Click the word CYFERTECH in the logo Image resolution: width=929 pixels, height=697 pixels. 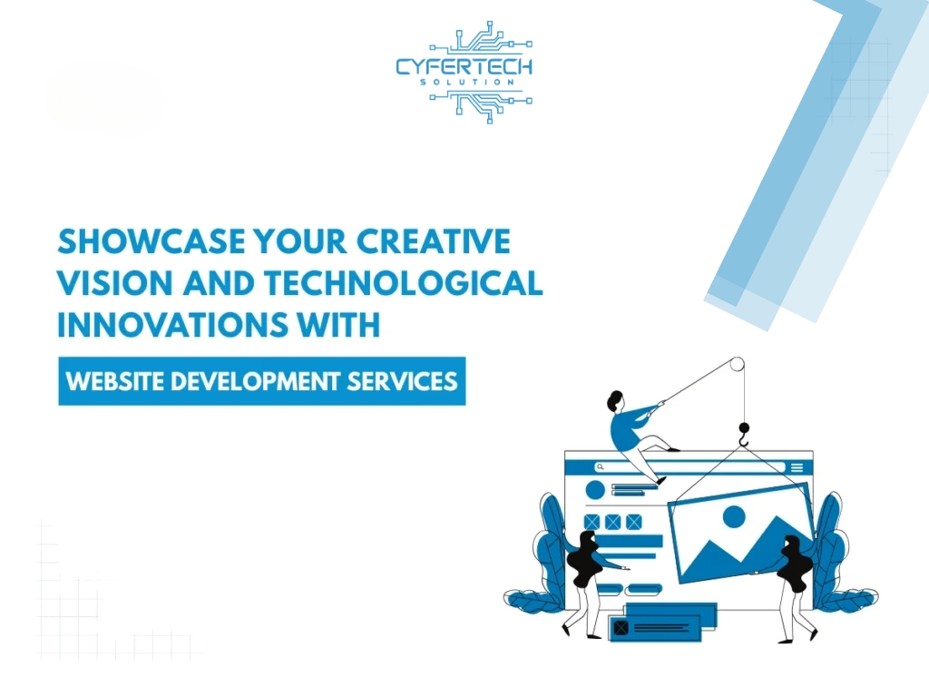[464, 66]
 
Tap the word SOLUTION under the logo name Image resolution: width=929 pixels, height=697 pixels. [467, 83]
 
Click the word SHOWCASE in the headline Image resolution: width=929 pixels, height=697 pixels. [152, 241]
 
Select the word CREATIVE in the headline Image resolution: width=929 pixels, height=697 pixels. [433, 241]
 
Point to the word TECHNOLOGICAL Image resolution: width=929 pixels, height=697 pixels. [404, 283]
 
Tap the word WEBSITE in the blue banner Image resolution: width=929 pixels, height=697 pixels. [114, 381]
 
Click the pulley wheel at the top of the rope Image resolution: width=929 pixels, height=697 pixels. [737, 364]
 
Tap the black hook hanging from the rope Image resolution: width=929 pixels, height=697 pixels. [744, 434]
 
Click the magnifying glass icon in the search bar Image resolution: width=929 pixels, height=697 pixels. [601, 467]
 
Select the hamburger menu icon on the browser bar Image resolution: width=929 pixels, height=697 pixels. [797, 467]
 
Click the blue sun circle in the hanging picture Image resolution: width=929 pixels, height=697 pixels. [733, 516]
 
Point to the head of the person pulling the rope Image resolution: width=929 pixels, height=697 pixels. [615, 401]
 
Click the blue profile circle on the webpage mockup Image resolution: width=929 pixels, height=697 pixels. [595, 490]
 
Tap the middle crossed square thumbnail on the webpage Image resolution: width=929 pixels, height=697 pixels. [612, 522]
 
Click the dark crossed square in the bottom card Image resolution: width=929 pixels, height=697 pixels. [621, 628]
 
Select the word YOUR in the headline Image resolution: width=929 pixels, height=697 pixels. [300, 241]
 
